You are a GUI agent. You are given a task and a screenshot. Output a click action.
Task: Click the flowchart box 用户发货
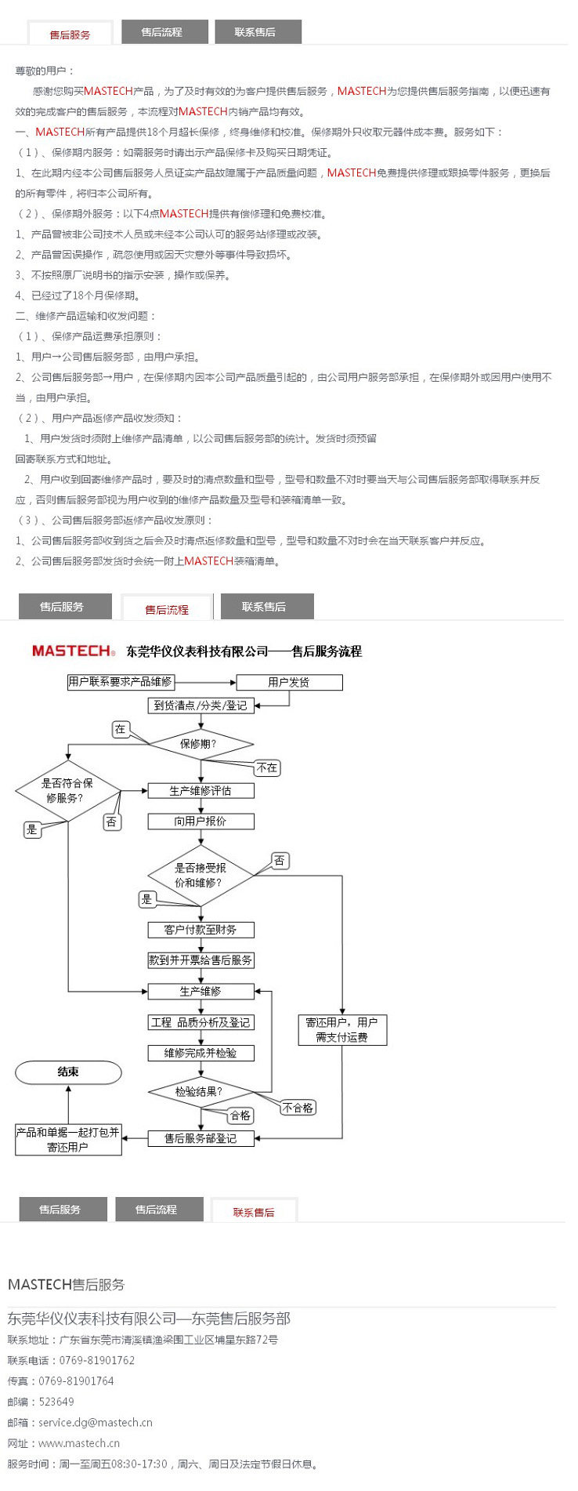(289, 682)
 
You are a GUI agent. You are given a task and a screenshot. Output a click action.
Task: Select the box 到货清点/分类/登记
(200, 706)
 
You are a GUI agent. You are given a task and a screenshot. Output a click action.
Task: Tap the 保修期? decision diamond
(200, 744)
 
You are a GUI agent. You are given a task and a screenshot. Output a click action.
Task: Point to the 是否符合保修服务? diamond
(68, 790)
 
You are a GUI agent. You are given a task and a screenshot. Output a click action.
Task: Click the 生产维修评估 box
(200, 790)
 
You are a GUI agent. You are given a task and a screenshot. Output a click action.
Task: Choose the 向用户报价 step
(200, 821)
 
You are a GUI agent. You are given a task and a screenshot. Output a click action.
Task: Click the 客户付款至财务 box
(200, 930)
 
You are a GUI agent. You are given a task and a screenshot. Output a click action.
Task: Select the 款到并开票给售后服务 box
(200, 960)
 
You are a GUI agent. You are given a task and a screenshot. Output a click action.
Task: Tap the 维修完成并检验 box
(200, 1053)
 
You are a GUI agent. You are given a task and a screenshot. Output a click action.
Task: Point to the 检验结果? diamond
(200, 1091)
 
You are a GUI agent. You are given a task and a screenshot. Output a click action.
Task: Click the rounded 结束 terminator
(68, 1072)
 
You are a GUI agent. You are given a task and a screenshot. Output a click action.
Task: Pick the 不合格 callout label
(298, 1108)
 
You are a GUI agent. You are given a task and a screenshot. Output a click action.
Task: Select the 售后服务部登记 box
(200, 1138)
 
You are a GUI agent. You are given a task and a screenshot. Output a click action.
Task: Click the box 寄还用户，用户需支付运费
(342, 1030)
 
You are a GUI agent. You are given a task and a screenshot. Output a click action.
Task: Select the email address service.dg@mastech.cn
(96, 1422)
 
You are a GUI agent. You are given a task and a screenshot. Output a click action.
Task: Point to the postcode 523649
(56, 1402)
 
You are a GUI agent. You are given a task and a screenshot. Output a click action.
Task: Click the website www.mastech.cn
(79, 1442)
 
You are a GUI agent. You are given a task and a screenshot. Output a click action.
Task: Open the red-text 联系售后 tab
(254, 1212)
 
